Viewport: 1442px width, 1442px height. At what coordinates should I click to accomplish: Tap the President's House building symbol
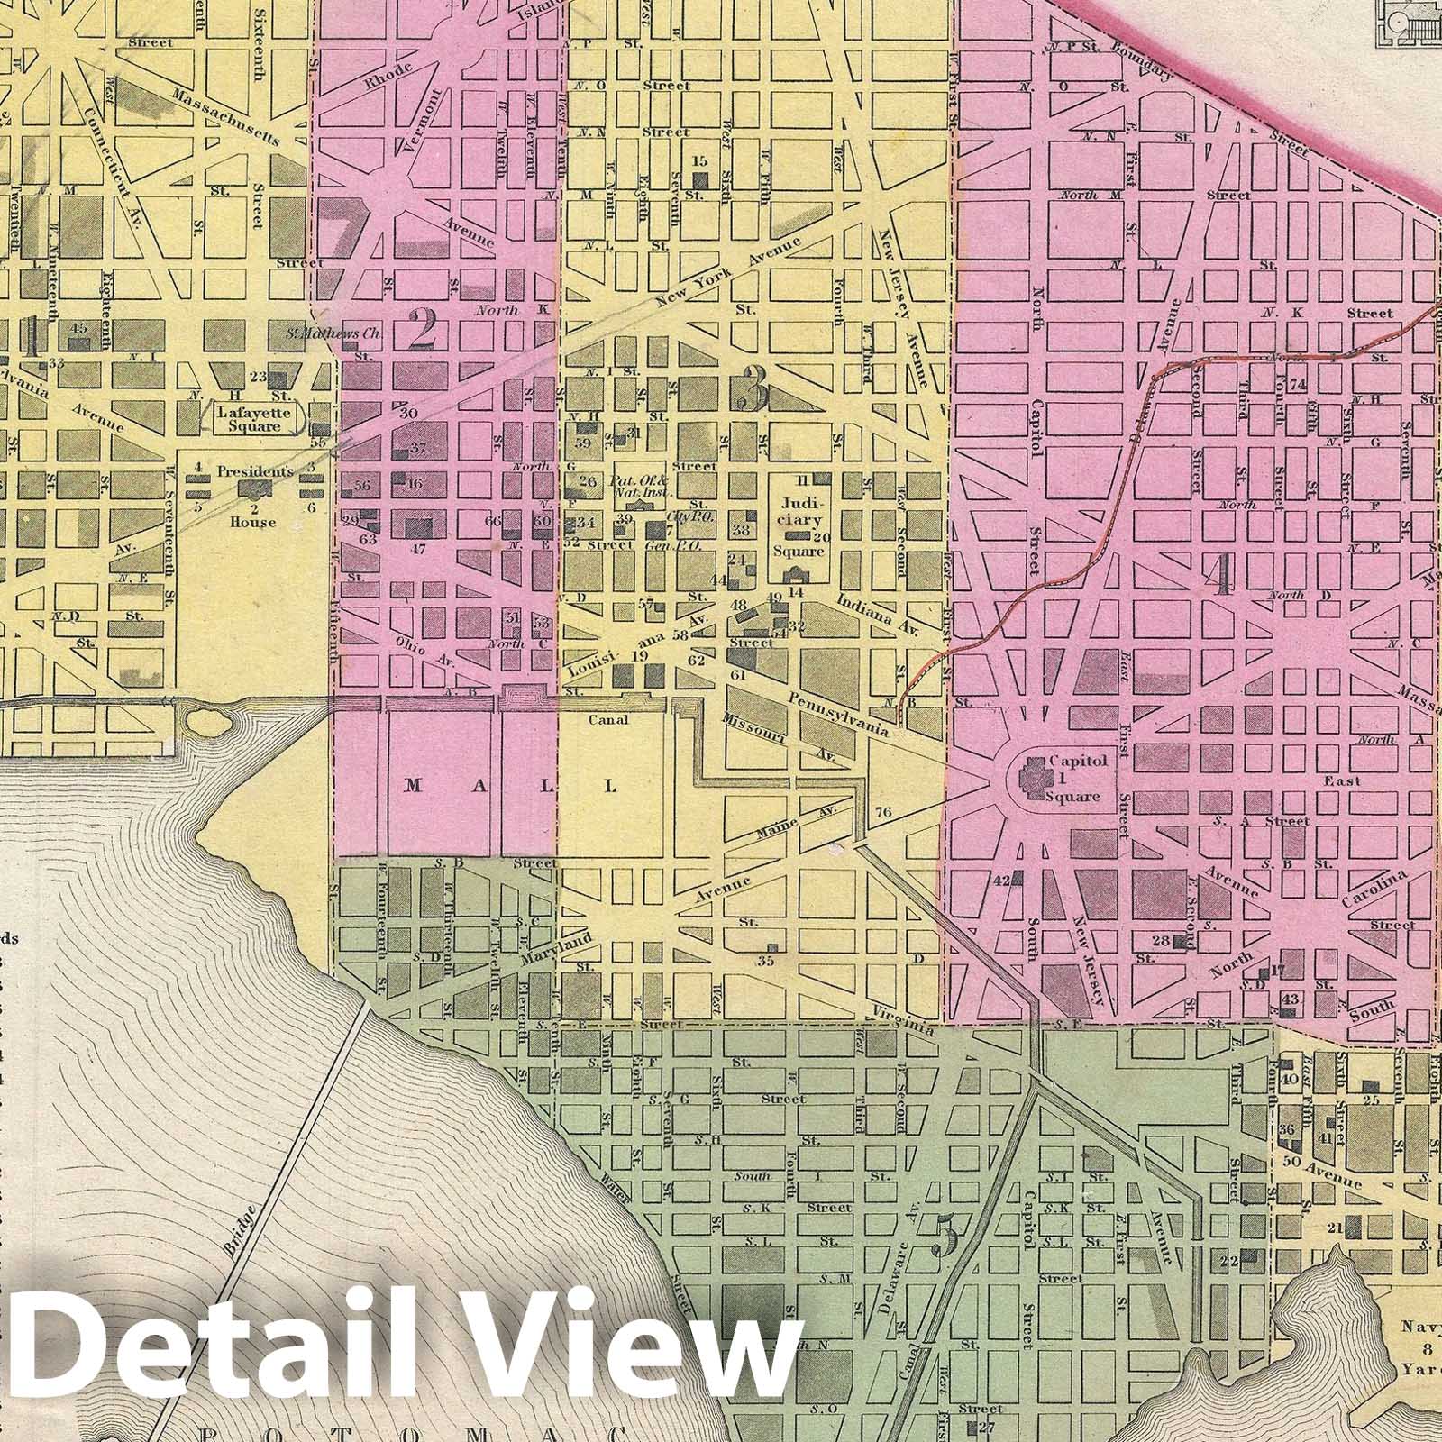pos(254,488)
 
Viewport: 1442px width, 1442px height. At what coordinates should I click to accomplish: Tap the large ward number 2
pos(422,330)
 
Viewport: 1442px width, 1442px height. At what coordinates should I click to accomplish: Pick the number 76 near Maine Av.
pos(882,813)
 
